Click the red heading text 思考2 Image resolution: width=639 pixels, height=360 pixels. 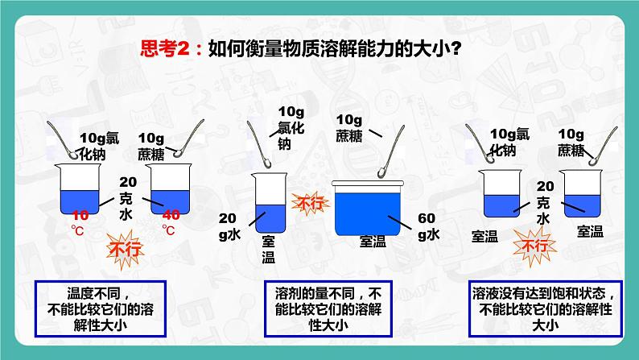coord(166,48)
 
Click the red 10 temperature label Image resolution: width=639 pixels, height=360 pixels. coord(80,215)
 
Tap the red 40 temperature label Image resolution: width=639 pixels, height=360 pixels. coord(171,214)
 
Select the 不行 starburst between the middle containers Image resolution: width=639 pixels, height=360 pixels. coord(310,203)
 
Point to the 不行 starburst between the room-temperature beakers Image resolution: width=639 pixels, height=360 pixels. coord(534,246)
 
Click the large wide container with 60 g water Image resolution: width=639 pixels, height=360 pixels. coord(369,208)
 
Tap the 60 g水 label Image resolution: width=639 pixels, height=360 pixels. coord(429,226)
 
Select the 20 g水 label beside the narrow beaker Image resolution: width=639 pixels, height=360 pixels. coord(230,226)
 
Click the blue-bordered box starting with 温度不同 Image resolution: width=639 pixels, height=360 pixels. coord(101,308)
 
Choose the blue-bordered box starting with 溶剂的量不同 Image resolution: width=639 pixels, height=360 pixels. coord(328,308)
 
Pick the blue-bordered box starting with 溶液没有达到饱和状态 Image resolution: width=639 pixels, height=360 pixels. coord(546,308)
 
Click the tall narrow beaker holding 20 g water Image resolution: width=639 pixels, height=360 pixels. coord(270,203)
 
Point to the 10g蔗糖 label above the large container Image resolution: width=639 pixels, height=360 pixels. coord(349,127)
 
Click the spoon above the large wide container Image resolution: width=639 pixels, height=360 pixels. coord(391,151)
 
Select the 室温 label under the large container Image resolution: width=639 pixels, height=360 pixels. coord(373,242)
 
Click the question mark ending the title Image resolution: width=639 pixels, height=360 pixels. coord(456,49)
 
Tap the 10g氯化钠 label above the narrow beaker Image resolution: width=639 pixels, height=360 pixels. coord(291,128)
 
